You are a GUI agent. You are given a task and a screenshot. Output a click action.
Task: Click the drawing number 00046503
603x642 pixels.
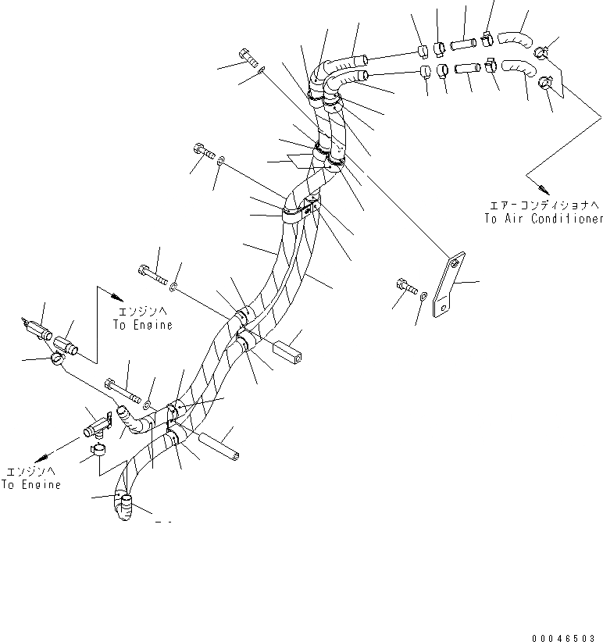tap(565, 637)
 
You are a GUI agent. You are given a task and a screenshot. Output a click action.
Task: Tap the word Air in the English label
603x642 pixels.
tap(512, 219)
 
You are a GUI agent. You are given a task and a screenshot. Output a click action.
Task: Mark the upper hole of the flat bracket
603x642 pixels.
tap(455, 265)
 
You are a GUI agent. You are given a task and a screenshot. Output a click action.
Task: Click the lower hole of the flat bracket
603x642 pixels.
tap(444, 310)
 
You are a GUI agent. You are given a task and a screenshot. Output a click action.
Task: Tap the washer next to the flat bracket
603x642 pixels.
tap(423, 296)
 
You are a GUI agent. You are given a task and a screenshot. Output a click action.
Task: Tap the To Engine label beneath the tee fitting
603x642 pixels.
tap(31, 478)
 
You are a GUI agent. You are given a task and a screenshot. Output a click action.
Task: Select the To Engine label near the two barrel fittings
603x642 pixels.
tap(143, 319)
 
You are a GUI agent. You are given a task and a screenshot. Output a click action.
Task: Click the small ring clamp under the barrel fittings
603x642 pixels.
tap(56, 359)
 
